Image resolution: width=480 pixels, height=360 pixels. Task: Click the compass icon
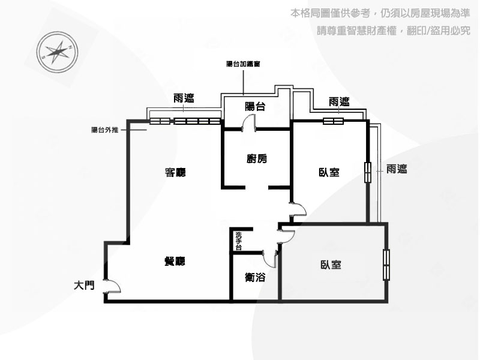click(x=57, y=52)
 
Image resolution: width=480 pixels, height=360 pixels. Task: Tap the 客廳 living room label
click(x=175, y=172)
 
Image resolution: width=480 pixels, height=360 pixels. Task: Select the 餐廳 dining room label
click(x=175, y=261)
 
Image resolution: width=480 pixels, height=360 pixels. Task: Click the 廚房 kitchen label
click(x=257, y=158)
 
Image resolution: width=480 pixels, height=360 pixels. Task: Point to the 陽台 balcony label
click(x=255, y=107)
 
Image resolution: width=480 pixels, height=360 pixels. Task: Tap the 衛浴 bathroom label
click(x=255, y=277)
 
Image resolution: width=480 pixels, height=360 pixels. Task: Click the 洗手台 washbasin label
click(x=239, y=241)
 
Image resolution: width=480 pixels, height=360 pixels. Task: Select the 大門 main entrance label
click(x=84, y=286)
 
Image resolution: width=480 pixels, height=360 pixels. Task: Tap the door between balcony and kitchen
click(x=248, y=122)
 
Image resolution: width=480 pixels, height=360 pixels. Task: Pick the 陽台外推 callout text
click(x=104, y=130)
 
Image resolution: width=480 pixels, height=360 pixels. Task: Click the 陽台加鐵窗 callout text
click(x=244, y=64)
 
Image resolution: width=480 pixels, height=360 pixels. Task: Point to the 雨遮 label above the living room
click(x=184, y=98)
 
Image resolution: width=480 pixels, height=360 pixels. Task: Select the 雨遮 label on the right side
click(x=397, y=169)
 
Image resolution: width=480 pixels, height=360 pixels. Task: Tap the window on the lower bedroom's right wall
click(x=386, y=265)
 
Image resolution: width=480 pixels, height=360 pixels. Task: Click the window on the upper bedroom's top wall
click(x=334, y=121)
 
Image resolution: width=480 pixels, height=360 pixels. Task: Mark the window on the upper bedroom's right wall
click(x=368, y=172)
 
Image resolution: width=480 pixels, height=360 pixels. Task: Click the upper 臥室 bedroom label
click(x=329, y=172)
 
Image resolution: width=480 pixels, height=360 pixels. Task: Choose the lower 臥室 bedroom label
click(x=331, y=265)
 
